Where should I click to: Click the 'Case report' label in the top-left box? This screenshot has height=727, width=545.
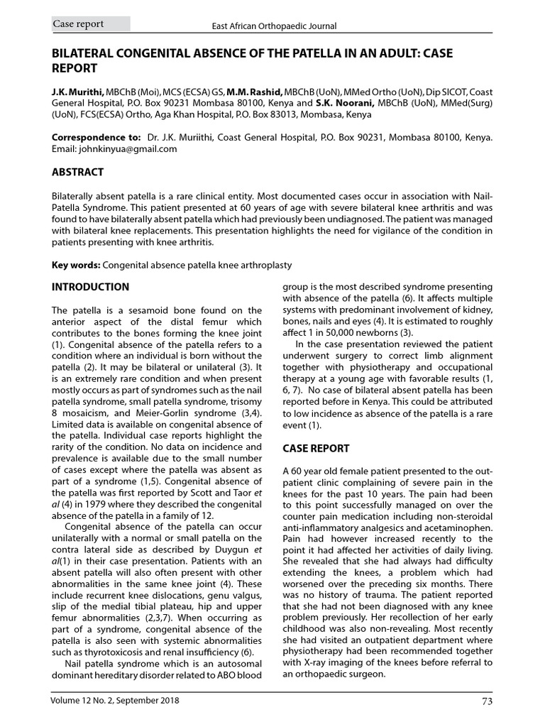click(79, 24)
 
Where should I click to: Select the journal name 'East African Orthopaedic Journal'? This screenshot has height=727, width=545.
click(275, 26)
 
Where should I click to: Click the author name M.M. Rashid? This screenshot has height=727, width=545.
click(254, 92)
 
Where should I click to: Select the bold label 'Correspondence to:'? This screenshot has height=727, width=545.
click(96, 137)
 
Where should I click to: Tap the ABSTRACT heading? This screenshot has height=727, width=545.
click(78, 173)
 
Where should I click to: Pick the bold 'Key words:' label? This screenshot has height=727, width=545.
click(76, 265)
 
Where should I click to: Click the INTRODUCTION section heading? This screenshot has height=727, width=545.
click(91, 288)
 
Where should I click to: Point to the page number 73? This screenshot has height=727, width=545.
click(486, 701)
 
